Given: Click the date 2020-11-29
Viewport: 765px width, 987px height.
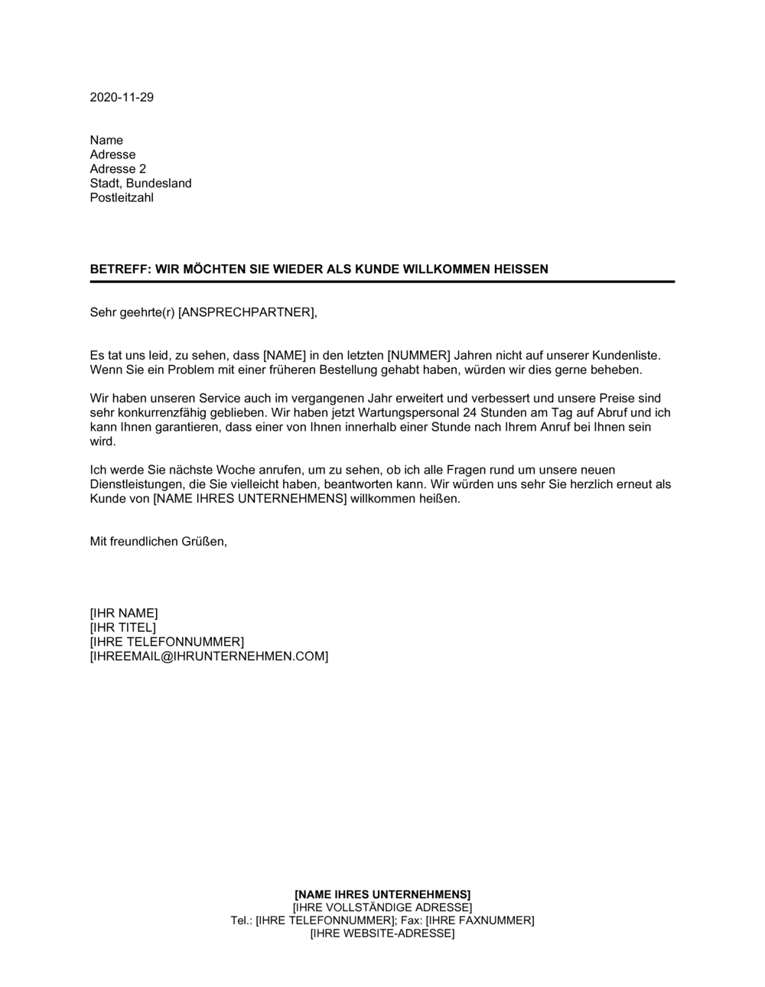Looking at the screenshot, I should click(x=122, y=97).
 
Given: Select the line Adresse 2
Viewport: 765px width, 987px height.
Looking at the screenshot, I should click(x=118, y=169).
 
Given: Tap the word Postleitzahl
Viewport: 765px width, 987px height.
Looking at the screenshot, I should click(x=122, y=198).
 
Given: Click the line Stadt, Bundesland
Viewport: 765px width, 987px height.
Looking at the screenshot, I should click(x=141, y=184).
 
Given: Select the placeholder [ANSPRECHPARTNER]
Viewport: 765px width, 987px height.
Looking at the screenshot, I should click(x=246, y=312).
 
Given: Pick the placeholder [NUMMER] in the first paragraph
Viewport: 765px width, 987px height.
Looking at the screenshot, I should click(x=419, y=356).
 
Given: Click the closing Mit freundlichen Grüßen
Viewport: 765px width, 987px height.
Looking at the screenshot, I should click(x=158, y=542).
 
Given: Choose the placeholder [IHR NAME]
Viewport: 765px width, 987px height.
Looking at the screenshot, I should click(x=124, y=614).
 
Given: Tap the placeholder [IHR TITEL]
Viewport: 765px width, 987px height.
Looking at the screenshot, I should click(x=123, y=628).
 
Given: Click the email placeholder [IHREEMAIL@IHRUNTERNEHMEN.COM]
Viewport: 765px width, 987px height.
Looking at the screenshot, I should click(x=209, y=656).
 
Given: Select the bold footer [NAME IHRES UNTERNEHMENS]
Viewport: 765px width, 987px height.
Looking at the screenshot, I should click(x=382, y=894).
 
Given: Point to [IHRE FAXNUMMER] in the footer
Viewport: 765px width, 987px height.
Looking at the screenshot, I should click(x=480, y=920).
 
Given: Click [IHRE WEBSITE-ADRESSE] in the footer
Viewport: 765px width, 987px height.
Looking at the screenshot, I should click(x=382, y=933).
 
